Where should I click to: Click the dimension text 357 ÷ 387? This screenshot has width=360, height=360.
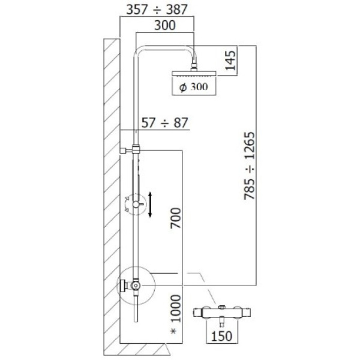157,10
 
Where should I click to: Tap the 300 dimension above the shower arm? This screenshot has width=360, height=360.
165,25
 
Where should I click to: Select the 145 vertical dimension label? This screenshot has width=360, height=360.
230,61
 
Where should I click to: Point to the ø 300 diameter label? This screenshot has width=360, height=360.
193,87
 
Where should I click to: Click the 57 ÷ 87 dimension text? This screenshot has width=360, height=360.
165,123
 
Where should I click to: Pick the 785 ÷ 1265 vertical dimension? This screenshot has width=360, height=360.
250,166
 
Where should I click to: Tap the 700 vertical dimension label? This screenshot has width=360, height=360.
176,218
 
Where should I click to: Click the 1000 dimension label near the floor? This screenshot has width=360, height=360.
176,308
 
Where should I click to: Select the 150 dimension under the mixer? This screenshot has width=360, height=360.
221,336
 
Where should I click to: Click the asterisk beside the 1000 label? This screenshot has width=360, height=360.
173,331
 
